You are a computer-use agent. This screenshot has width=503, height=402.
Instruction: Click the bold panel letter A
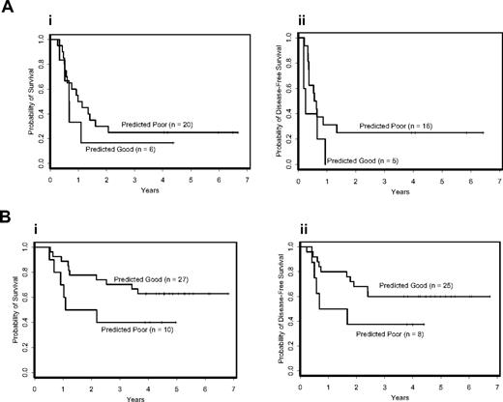pos(7,9)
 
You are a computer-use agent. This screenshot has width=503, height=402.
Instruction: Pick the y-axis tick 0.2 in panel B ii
pos(289,348)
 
